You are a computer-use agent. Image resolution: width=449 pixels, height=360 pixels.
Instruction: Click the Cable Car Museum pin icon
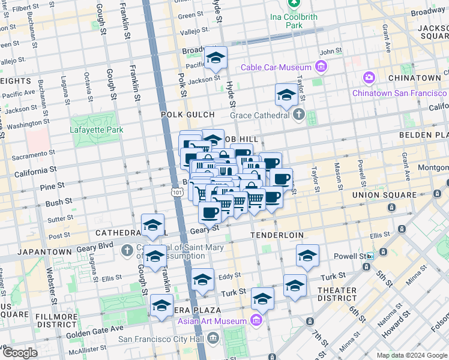321,67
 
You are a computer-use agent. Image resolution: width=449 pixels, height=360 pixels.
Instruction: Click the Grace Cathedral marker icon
298,115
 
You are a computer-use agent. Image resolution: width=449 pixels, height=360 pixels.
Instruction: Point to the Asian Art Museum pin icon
258,320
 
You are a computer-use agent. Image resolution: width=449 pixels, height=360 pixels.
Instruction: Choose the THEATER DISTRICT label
337,294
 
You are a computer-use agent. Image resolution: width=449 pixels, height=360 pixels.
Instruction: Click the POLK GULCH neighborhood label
187,114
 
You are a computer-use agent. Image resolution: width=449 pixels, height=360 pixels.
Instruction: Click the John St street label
330,52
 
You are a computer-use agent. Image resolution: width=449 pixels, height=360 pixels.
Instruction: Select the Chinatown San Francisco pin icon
368,78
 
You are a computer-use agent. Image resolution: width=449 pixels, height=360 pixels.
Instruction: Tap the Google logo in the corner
19,353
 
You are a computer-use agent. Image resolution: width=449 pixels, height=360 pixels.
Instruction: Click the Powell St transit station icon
370,256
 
